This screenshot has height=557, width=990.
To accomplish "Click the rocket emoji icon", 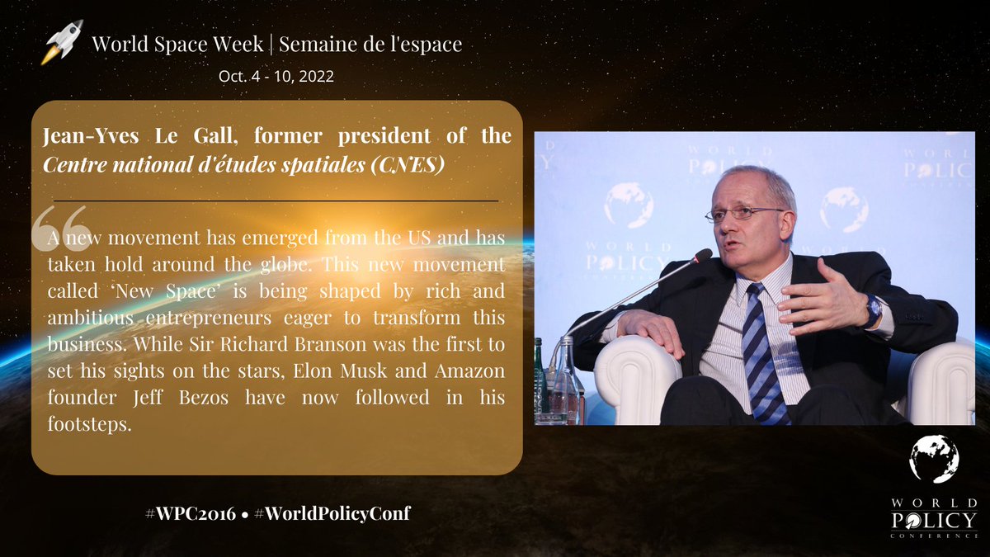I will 63,44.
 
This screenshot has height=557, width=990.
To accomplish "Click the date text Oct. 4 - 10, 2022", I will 276,76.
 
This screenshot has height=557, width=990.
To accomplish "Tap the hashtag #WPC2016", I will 183,513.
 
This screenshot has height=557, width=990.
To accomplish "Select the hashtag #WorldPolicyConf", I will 332,513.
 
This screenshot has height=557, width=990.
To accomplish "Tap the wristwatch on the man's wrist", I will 873,312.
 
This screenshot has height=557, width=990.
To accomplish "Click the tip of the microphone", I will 704,255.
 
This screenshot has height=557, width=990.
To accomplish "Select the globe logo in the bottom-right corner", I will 934,460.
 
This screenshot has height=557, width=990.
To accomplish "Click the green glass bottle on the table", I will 541,380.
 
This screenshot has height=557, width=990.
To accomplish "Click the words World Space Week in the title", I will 181,44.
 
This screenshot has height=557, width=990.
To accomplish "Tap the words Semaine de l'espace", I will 370,44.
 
